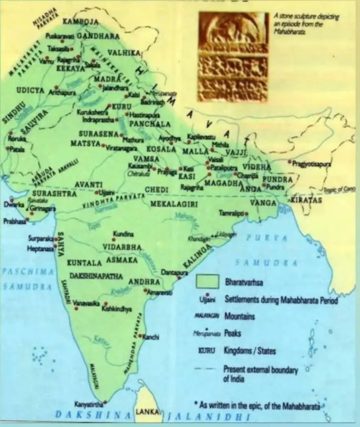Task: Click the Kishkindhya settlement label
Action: point(121,308)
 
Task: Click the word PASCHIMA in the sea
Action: point(19,271)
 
